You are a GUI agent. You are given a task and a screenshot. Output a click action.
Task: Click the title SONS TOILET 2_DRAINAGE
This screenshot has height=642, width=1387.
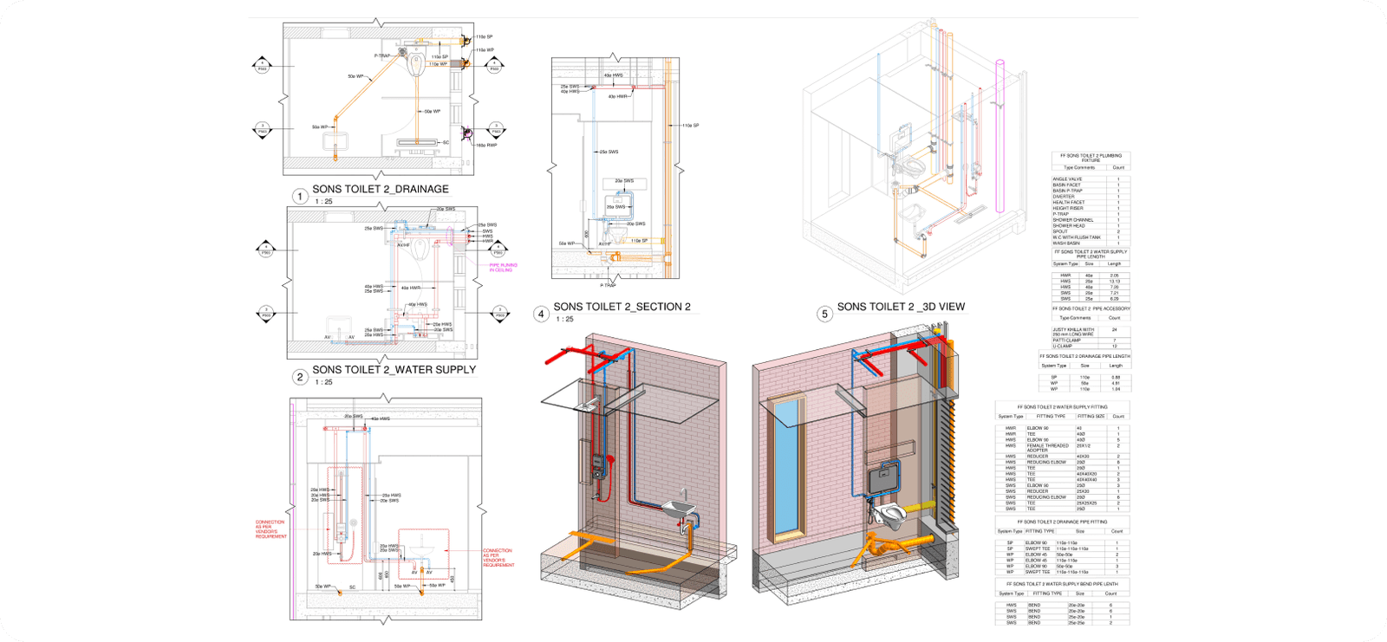pyautogui.click(x=381, y=189)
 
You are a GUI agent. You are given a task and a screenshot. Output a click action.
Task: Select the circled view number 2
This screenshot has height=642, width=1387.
pyautogui.click(x=300, y=377)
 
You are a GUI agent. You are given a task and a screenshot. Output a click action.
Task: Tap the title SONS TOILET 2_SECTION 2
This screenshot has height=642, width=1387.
pyautogui.click(x=622, y=307)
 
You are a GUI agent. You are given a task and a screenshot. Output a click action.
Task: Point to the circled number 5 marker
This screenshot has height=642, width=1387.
pyautogui.click(x=824, y=314)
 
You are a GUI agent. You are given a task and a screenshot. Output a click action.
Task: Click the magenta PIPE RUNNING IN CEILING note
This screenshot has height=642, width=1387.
pyautogui.click(x=503, y=268)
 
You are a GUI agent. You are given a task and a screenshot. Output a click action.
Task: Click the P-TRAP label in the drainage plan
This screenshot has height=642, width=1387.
pyautogui.click(x=382, y=55)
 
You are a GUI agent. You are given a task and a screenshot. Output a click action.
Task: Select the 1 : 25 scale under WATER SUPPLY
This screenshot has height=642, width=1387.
pyautogui.click(x=323, y=382)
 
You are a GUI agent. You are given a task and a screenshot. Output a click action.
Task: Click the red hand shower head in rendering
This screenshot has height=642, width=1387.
pyautogui.click(x=612, y=459)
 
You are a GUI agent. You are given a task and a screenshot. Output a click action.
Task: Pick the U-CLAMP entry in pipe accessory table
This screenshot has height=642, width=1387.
pyautogui.click(x=1063, y=346)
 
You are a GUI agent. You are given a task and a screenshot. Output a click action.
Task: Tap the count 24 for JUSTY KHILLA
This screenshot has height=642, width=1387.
pyautogui.click(x=1115, y=330)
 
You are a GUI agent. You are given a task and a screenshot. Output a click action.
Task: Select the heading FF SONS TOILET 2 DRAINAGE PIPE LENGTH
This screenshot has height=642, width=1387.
pyautogui.click(x=1085, y=356)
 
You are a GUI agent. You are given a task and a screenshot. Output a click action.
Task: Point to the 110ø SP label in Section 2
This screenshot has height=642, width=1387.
pyautogui.click(x=690, y=126)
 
